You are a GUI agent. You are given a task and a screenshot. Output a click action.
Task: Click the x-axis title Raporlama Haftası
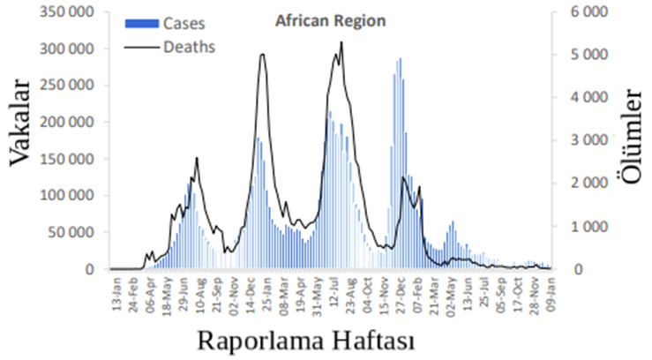tap(305, 339)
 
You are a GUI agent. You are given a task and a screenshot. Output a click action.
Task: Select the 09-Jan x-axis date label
tap(548, 292)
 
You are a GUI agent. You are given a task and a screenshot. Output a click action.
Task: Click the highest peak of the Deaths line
tap(341, 42)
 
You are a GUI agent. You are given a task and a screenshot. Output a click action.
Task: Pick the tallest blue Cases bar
tap(400, 59)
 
